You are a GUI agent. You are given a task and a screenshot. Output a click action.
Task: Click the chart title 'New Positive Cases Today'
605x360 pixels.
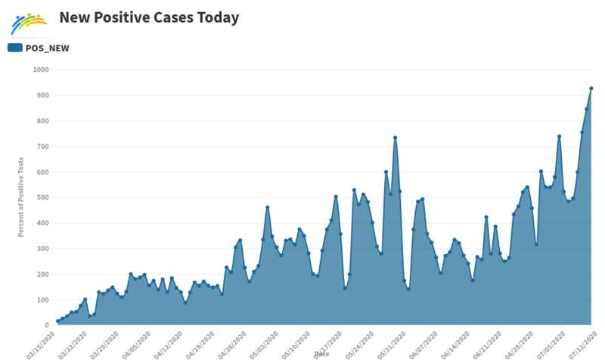[x=148, y=17]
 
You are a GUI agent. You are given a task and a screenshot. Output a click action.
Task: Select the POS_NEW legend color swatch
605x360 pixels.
[x=14, y=48]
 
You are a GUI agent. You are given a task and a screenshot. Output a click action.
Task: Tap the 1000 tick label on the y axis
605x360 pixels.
[x=41, y=70]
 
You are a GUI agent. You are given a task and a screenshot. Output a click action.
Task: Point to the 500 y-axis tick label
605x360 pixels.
[x=43, y=198]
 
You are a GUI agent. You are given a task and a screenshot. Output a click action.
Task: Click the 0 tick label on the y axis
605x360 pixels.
[x=47, y=325]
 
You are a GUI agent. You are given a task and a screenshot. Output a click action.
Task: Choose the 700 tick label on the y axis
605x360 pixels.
[x=43, y=147]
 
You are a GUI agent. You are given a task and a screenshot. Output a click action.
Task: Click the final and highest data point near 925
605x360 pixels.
[x=591, y=88]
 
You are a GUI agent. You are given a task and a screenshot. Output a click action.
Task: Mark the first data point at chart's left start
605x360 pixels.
[x=57, y=321]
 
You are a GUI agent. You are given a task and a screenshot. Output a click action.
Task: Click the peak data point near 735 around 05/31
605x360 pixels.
[x=395, y=138]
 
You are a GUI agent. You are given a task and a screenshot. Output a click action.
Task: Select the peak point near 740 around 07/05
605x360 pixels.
[x=559, y=136]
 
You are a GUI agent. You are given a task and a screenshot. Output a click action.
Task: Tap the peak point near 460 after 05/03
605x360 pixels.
[x=268, y=207]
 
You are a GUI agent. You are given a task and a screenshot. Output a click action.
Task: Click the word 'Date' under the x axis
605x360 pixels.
[x=321, y=353]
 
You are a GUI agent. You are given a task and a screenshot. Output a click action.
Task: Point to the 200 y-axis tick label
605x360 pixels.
[x=43, y=275]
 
